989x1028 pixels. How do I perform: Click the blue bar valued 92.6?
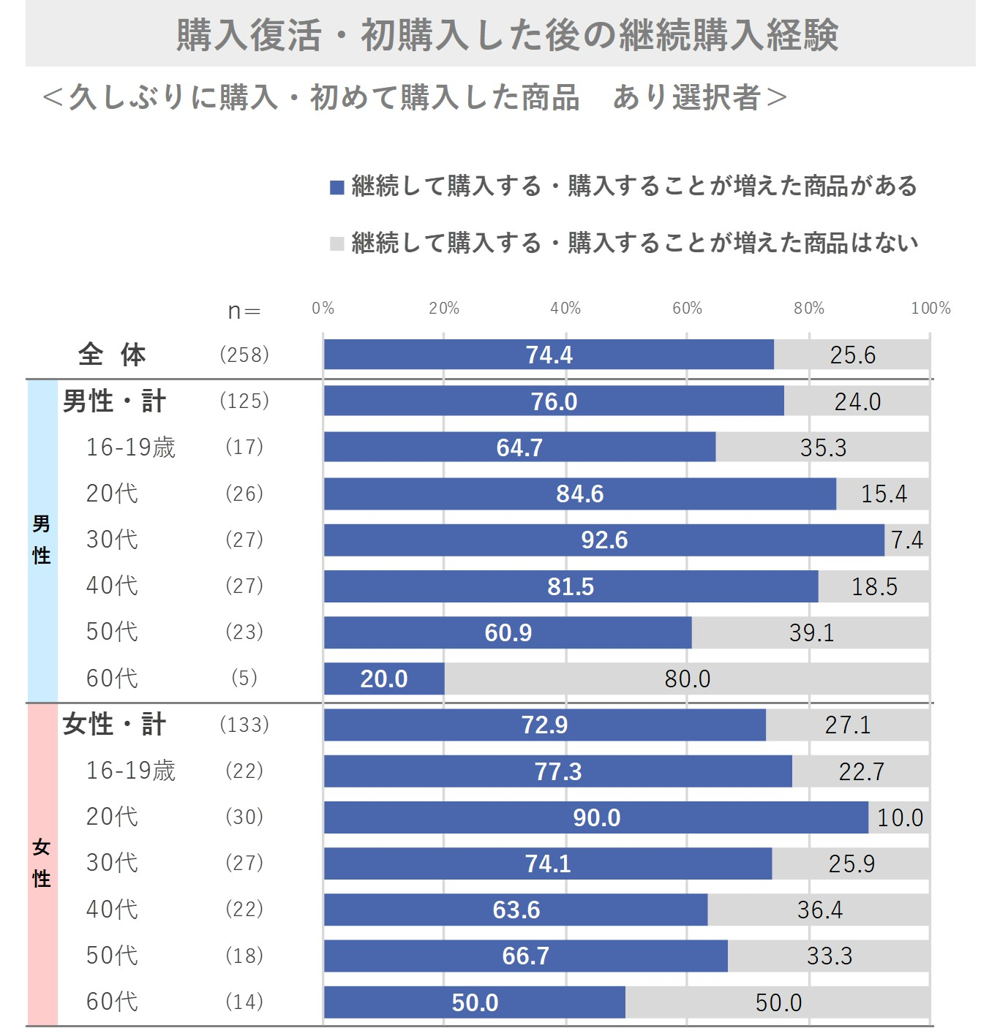click(x=604, y=540)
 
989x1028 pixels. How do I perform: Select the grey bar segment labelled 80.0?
click(x=687, y=679)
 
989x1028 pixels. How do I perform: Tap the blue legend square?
click(x=337, y=187)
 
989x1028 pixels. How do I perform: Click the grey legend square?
click(x=337, y=243)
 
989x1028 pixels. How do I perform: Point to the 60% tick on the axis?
click(x=687, y=309)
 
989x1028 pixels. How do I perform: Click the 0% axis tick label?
click(x=323, y=309)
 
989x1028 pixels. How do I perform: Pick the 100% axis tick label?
click(x=930, y=309)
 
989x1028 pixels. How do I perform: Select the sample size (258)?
click(x=244, y=355)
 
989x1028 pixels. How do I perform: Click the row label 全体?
click(x=112, y=355)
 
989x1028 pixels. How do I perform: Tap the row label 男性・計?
click(x=115, y=401)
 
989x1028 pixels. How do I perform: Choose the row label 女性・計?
click(x=115, y=725)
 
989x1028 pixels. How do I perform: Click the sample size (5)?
click(x=244, y=679)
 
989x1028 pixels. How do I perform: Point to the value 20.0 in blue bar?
click(x=384, y=679)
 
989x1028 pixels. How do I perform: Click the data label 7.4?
click(x=907, y=540)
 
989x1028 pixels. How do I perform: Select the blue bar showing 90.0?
click(x=596, y=817)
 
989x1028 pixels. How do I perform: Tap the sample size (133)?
click(x=244, y=725)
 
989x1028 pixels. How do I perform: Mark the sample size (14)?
click(x=244, y=1002)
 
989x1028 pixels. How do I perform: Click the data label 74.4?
click(x=549, y=355)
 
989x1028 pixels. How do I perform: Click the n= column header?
click(x=244, y=311)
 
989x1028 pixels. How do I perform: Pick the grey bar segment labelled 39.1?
click(x=811, y=632)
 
